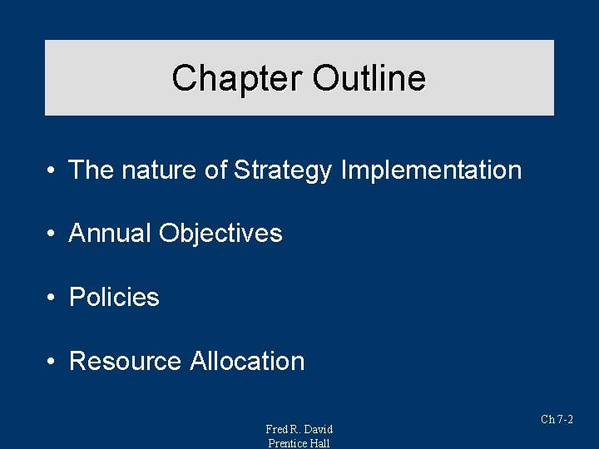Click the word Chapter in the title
coord(238,79)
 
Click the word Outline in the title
coord(369,79)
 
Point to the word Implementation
coord(431,170)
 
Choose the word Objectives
coord(220,234)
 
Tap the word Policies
coord(114,298)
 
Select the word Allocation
coord(247,362)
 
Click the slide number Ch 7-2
coord(557,420)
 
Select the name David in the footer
coord(317,429)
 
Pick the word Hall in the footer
coord(320,443)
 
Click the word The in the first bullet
coord(92,170)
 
